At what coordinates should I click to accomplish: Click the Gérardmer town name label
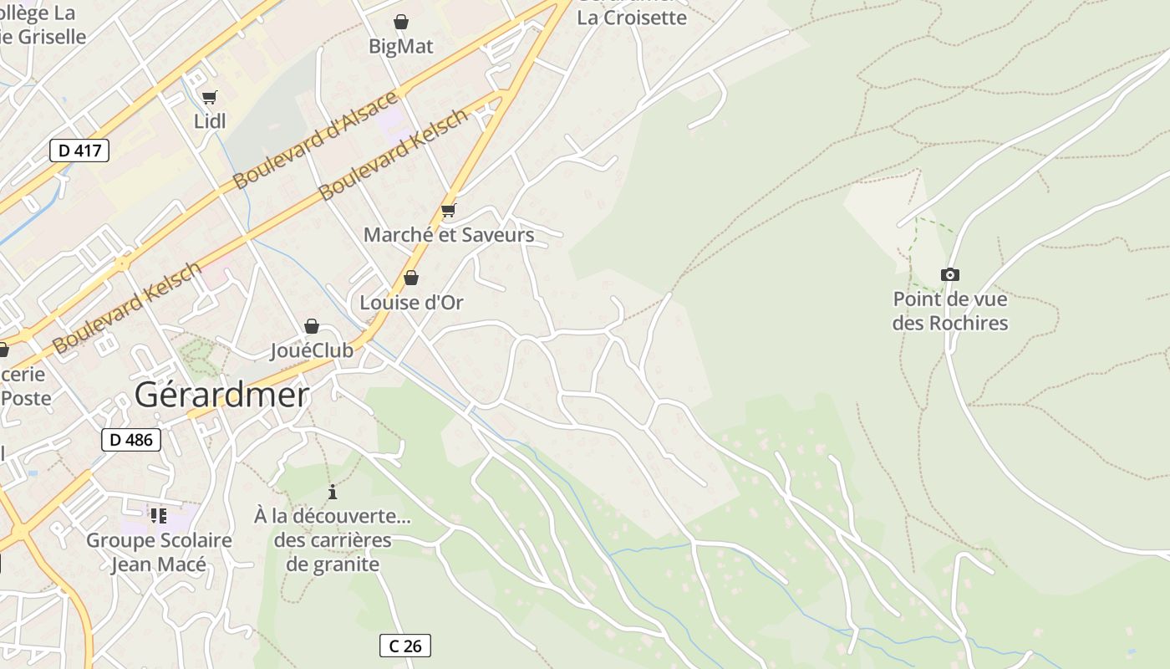point(221,395)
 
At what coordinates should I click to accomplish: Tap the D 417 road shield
point(79,151)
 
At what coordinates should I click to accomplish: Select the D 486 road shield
point(131,440)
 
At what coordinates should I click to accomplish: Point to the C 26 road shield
point(405,646)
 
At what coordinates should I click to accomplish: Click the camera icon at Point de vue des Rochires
point(949,275)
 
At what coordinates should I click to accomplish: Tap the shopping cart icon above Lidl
point(209,98)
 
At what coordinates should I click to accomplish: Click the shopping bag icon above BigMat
point(401,22)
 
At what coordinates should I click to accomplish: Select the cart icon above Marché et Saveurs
point(449,210)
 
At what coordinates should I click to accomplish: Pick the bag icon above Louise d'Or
point(411,278)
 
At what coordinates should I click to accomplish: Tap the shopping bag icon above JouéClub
point(312,326)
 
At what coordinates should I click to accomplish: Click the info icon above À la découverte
point(333,492)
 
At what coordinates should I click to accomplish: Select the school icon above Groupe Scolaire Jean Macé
point(159,515)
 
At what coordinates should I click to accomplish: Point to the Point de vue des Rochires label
point(950,311)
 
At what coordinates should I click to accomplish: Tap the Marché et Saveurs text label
point(449,235)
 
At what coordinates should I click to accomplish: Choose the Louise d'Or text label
point(411,303)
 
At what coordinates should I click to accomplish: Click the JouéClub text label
point(312,351)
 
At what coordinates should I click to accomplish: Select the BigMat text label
point(401,47)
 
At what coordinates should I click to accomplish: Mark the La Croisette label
point(632,18)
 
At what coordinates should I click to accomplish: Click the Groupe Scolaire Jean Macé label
point(159,552)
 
